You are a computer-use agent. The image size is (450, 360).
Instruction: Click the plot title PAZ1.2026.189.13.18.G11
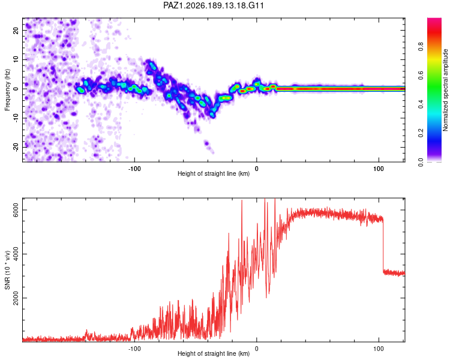click(x=213, y=5)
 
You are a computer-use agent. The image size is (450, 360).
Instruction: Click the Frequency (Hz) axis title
click(x=7, y=90)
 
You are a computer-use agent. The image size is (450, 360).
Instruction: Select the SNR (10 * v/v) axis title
click(x=7, y=270)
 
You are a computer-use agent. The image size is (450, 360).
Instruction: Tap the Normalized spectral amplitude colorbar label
click(x=445, y=90)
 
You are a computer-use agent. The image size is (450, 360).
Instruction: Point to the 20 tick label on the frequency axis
click(x=16, y=30)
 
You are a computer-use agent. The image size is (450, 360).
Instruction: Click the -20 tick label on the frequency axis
click(x=16, y=147)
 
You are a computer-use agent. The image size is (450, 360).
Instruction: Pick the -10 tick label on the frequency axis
click(x=16, y=118)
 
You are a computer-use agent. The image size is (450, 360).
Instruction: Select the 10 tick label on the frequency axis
click(x=16, y=59)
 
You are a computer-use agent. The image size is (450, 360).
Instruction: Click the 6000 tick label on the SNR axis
click(x=16, y=210)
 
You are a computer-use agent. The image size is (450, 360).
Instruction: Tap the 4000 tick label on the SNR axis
click(x=16, y=254)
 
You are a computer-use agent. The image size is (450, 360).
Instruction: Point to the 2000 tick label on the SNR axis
click(x=16, y=298)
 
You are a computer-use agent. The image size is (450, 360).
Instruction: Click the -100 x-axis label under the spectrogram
click(x=134, y=169)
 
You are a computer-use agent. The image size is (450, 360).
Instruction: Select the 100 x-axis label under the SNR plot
click(x=379, y=349)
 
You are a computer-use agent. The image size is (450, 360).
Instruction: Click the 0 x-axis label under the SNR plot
click(x=257, y=349)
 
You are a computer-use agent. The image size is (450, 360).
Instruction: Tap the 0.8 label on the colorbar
click(x=421, y=46)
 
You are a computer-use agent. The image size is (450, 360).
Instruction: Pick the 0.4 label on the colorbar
click(x=421, y=104)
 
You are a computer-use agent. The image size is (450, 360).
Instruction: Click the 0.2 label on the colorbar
click(x=421, y=133)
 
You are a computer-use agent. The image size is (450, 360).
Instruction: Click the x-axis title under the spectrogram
click(x=214, y=173)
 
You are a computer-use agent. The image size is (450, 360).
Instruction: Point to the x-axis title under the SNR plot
click(x=214, y=353)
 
